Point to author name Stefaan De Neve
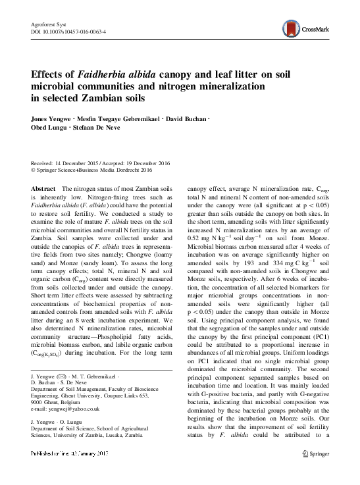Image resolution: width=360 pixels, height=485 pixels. [118, 130]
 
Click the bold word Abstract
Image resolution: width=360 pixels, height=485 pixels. [43, 189]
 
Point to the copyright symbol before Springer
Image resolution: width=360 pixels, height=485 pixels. [34, 170]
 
